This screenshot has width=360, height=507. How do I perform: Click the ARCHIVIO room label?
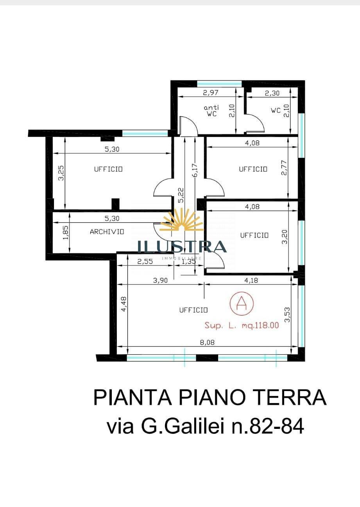(x=107, y=232)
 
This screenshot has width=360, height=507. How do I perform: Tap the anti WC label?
(x=211, y=111)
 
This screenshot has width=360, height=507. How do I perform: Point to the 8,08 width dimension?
(x=207, y=342)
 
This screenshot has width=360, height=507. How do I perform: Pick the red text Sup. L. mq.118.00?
(x=242, y=325)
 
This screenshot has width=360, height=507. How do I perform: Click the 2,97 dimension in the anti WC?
(x=210, y=93)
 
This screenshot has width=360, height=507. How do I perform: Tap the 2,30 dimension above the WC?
(x=272, y=93)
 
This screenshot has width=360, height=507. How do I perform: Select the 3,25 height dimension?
(x=61, y=173)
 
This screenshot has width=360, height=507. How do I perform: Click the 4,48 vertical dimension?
(x=124, y=304)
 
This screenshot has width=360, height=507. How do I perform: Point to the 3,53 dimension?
(x=287, y=314)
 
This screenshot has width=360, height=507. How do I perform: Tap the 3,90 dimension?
(x=160, y=281)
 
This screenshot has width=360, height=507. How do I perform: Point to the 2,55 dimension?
(x=145, y=261)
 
